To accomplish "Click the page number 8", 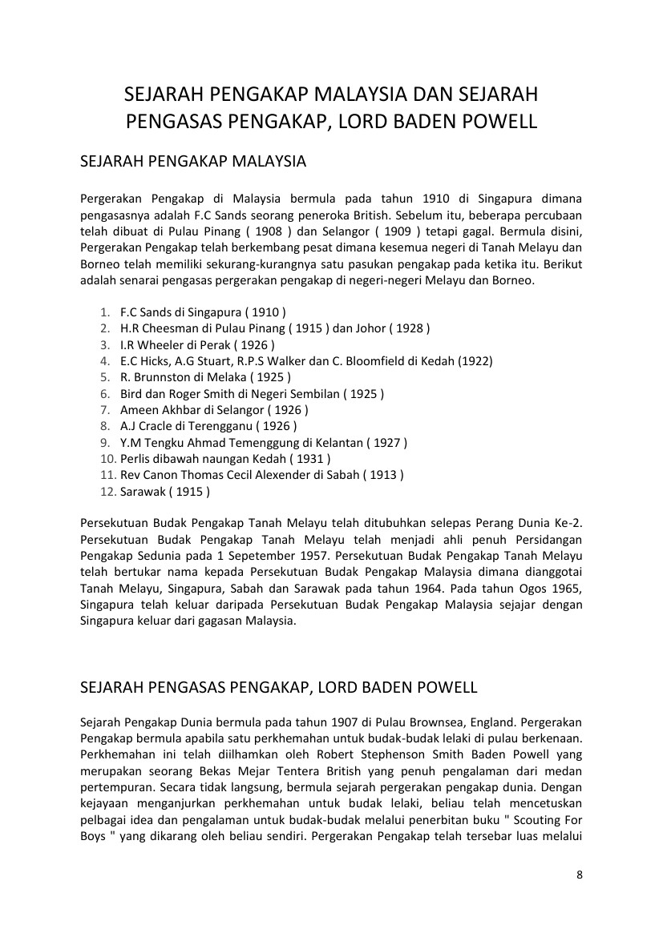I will point(580,875).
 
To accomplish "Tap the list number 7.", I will point(105,409).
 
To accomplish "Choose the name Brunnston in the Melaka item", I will point(166,376).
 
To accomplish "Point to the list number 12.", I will point(107,491).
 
